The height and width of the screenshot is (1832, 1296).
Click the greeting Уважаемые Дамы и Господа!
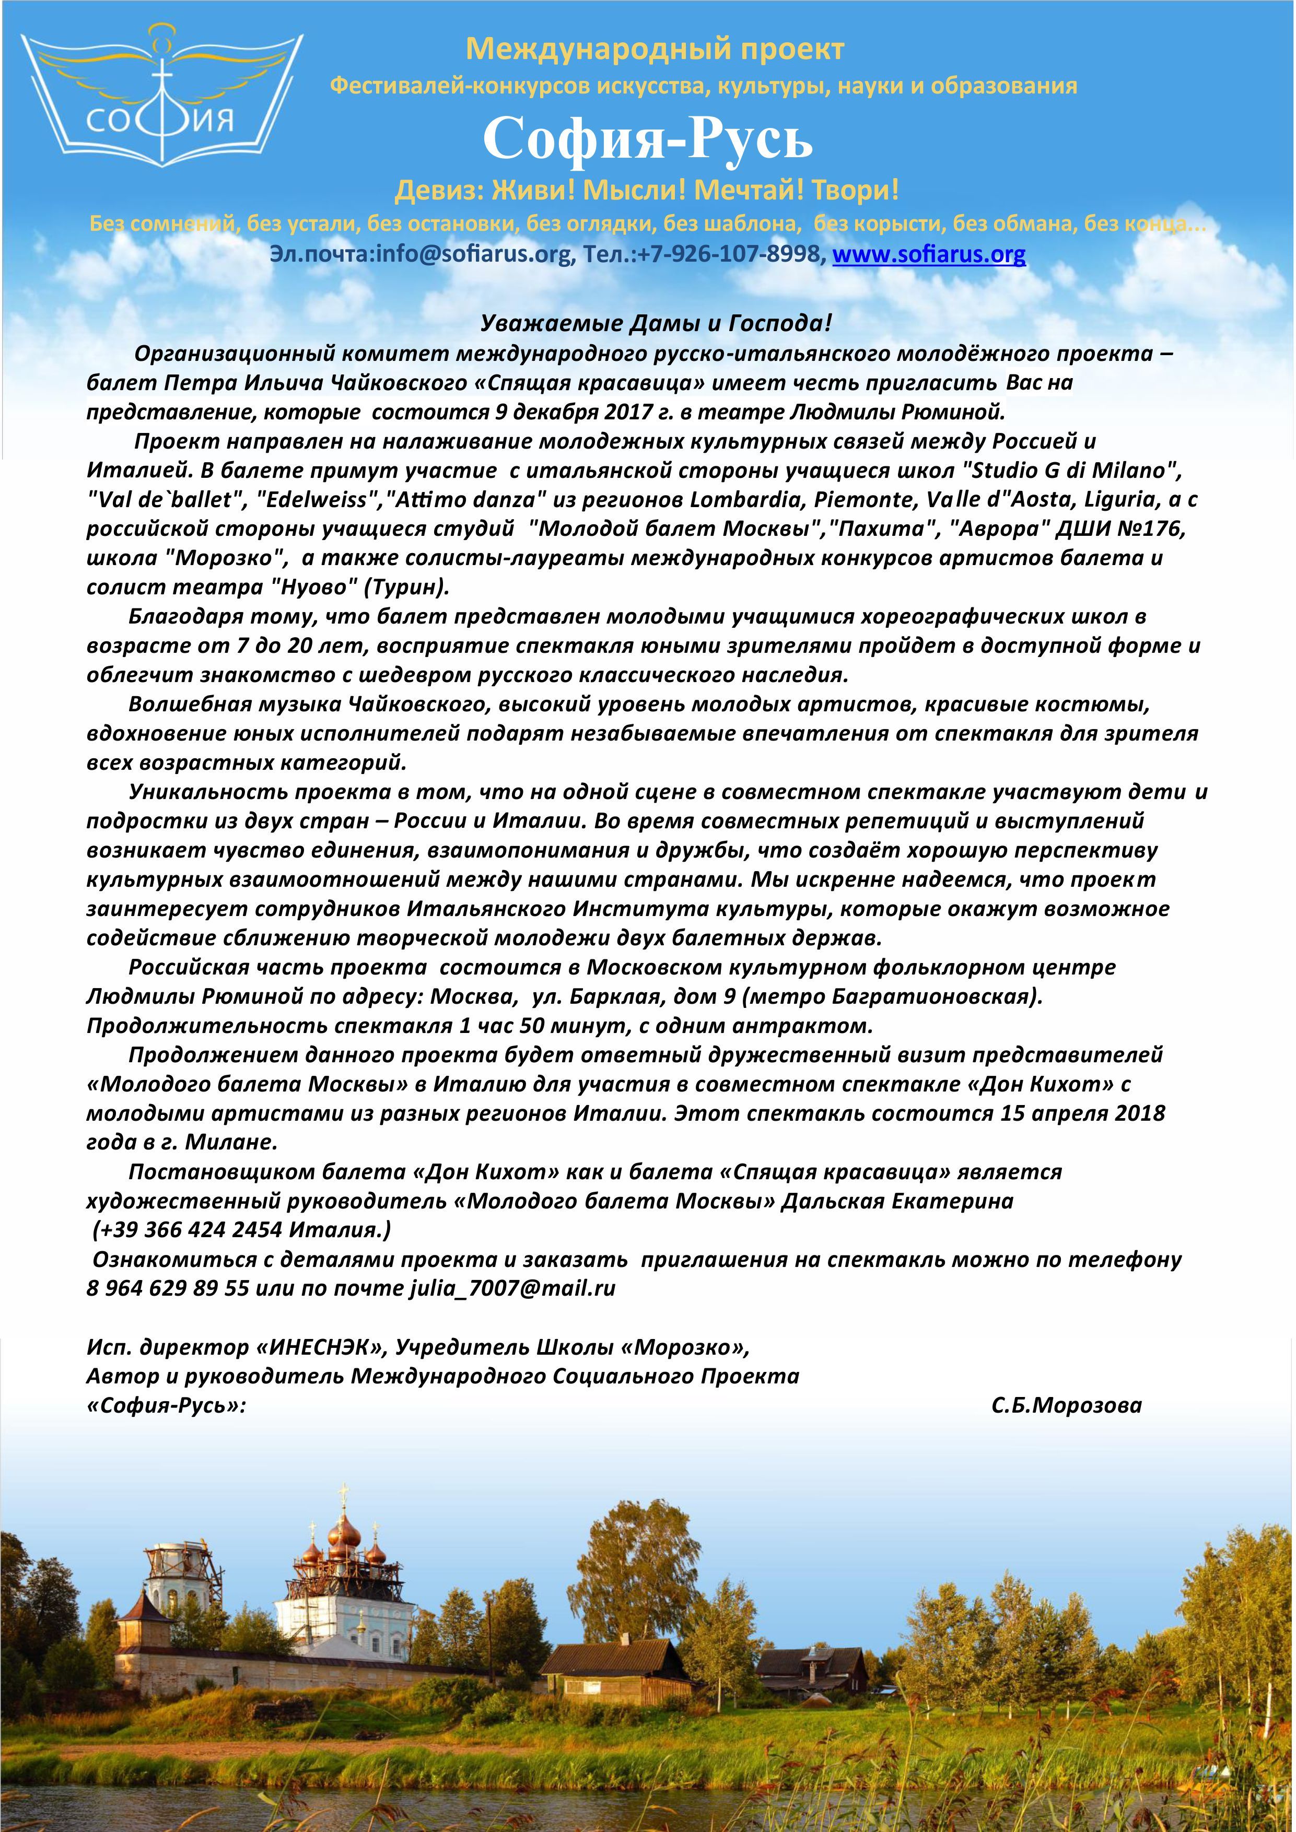coord(656,323)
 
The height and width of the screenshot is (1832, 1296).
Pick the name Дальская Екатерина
coord(897,1201)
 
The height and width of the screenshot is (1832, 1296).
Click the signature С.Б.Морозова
coord(1066,1405)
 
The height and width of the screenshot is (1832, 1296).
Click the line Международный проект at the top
coord(655,50)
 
